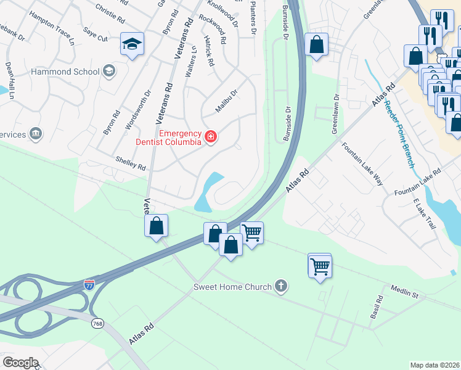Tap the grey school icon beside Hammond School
tap(109, 71)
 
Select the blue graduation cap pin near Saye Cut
tap(132, 44)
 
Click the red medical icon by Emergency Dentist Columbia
tap(211, 136)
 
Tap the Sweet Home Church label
tap(232, 287)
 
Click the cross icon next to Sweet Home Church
tap(281, 286)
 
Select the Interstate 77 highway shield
tap(90, 284)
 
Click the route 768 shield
tap(97, 324)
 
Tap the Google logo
tap(20, 362)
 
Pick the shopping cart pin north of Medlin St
tap(320, 266)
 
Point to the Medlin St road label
tap(405, 293)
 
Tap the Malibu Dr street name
tap(226, 101)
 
